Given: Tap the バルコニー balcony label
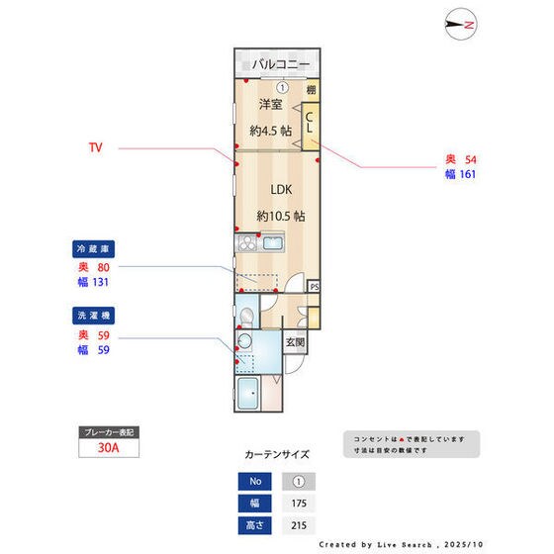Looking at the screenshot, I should point(281,64).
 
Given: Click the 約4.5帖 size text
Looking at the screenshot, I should point(271,131).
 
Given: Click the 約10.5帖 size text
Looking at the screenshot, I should point(281,215).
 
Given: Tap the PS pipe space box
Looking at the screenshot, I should point(315,287).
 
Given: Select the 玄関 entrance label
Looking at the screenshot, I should point(295,343).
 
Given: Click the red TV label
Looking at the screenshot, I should point(96,148).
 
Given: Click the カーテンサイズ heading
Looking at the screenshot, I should point(277,455).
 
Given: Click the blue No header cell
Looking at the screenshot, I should point(253,482).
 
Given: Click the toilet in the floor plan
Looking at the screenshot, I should point(247,315).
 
